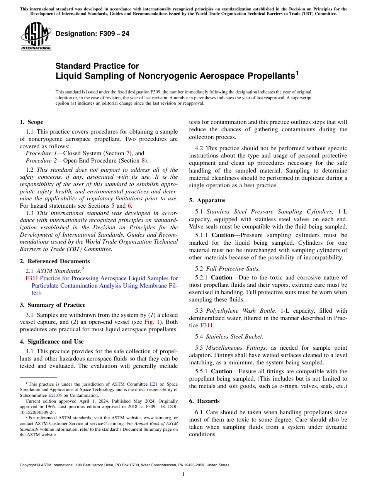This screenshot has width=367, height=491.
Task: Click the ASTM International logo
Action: [x=36, y=37]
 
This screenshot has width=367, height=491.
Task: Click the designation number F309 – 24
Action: [x=92, y=34]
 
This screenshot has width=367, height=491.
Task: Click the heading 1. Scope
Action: [x=32, y=122]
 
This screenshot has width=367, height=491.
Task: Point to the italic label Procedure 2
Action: [x=41, y=161]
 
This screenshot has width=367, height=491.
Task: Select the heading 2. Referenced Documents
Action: [x=54, y=261]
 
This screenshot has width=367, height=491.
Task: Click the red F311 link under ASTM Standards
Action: [x=32, y=278]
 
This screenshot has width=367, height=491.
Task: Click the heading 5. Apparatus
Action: [x=207, y=200]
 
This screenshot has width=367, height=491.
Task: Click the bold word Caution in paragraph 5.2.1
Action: [x=223, y=277]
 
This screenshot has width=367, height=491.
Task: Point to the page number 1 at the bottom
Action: [x=183, y=474]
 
